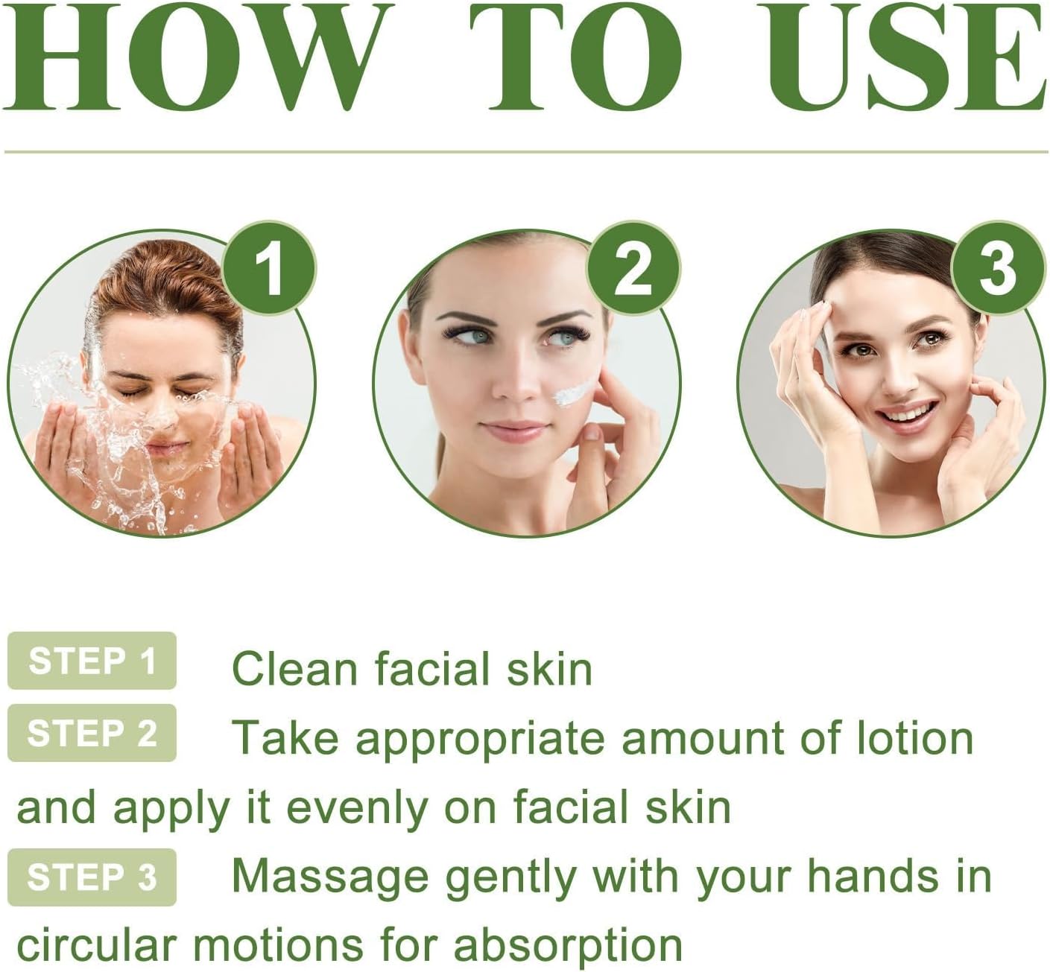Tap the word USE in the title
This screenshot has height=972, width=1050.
pyautogui.click(x=905, y=57)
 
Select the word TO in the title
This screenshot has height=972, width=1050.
pyautogui.click(x=575, y=57)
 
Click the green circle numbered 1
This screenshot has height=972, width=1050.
pyautogui.click(x=268, y=268)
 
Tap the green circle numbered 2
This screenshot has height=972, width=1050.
pyautogui.click(x=633, y=268)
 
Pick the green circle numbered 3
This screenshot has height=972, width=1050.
pyautogui.click(x=998, y=268)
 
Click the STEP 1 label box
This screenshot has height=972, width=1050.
pyautogui.click(x=92, y=660)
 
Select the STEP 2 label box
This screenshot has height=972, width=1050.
pyautogui.click(x=92, y=733)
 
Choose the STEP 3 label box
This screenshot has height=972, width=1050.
pyautogui.click(x=92, y=877)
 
